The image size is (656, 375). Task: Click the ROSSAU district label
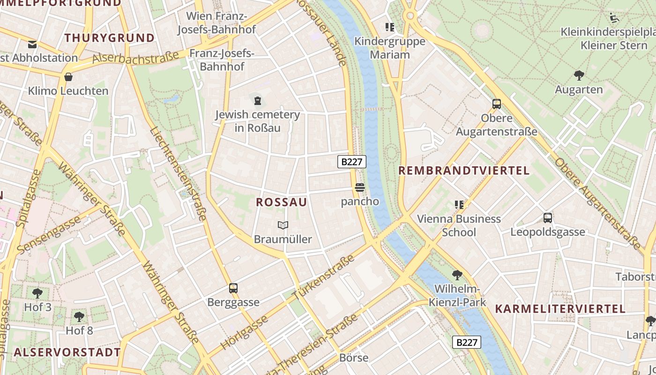click(x=282, y=202)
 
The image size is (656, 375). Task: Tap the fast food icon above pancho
click(x=360, y=187)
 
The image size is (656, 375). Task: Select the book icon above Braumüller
click(x=283, y=225)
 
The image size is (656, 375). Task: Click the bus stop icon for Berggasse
click(x=233, y=288)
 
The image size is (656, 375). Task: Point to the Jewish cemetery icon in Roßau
click(x=257, y=100)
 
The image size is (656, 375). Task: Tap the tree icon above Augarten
click(x=579, y=75)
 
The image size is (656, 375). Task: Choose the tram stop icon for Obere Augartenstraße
click(x=497, y=104)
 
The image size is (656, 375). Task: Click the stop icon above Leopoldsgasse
click(x=548, y=218)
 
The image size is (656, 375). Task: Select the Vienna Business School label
click(x=459, y=225)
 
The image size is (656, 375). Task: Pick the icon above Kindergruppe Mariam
click(x=389, y=27)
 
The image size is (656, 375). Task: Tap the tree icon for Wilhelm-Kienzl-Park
click(x=457, y=275)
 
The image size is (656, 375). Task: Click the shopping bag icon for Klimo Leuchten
click(x=68, y=77)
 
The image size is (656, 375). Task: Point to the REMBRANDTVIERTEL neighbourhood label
click(x=464, y=171)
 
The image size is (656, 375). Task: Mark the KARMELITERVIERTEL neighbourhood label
click(x=560, y=309)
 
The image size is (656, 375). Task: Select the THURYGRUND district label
click(x=110, y=38)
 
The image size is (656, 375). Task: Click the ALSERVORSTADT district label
click(x=67, y=352)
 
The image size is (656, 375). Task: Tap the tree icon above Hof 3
click(x=37, y=293)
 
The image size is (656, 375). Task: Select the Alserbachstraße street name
click(x=135, y=57)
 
